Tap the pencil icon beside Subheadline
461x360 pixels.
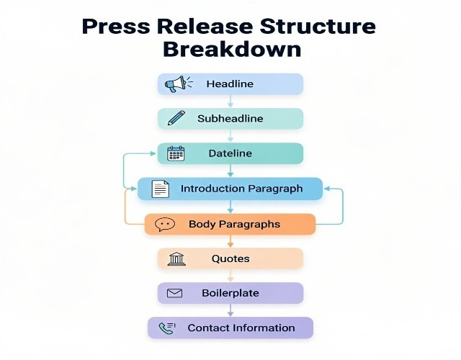pos(176,118)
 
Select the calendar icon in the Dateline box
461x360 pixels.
pos(176,153)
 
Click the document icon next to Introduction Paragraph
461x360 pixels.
pos(161,189)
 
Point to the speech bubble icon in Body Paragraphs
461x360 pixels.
pos(165,225)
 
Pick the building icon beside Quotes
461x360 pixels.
pos(176,258)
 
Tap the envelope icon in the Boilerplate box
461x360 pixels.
pos(175,293)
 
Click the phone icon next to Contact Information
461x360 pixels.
pos(166,328)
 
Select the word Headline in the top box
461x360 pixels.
pos(230,84)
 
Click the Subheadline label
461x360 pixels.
pos(230,119)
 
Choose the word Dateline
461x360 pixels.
pos(230,153)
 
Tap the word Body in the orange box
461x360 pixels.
pos(201,224)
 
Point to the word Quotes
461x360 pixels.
pos(230,258)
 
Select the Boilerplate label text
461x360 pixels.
pos(230,293)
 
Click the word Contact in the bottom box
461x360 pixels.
pos(207,328)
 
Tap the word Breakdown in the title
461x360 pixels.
pos(231,50)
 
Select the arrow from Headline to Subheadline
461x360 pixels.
pos(230,102)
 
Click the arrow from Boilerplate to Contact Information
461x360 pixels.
pos(230,310)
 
